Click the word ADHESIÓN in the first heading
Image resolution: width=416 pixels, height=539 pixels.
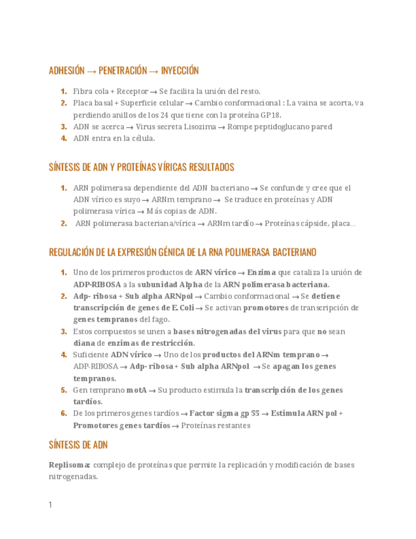pos(67,71)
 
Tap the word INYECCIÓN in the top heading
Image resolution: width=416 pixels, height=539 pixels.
pos(180,71)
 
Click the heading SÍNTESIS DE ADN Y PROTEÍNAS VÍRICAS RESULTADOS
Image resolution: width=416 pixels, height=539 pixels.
pos(141,167)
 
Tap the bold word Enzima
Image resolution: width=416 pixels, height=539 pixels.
pos(262,272)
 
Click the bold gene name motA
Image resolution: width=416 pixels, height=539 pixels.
pos(137,390)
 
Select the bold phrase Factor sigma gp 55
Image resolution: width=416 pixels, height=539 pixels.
pos(224,413)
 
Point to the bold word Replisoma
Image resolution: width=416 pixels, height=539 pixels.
pos(70,465)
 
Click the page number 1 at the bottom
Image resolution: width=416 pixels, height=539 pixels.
pos(50,505)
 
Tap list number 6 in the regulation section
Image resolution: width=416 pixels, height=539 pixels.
pos(64,413)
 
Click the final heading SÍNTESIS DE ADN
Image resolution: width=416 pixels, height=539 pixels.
pos(78,444)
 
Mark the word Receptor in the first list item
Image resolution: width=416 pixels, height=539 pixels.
pos(133,91)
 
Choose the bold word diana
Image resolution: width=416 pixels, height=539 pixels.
pos(84,343)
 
